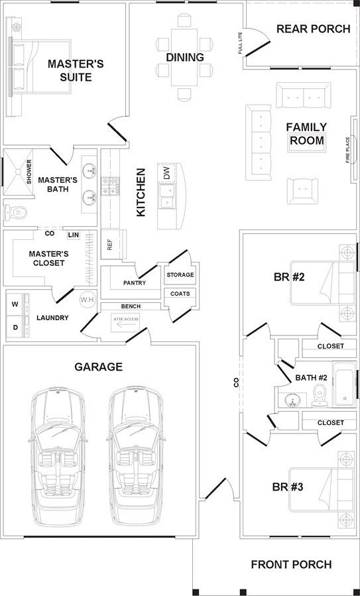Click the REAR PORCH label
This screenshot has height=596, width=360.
[x=313, y=29]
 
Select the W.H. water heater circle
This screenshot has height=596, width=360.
[x=86, y=300]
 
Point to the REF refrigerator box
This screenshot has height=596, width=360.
[x=113, y=245]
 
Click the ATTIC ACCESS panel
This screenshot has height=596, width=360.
[x=125, y=322]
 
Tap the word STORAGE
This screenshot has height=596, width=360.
[x=180, y=275]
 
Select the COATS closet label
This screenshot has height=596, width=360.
[x=180, y=294]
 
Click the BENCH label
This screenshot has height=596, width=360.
[x=131, y=306]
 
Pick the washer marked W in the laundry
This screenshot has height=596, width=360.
[x=17, y=304]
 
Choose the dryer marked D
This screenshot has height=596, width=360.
[x=17, y=327]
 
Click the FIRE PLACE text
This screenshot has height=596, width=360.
[x=347, y=150]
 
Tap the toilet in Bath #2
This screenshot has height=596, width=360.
[x=319, y=394]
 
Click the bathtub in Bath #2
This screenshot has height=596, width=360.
[x=345, y=385]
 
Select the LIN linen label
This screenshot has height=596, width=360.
[x=74, y=235]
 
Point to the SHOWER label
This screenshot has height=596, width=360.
[x=29, y=172]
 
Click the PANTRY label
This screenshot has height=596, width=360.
[x=135, y=283]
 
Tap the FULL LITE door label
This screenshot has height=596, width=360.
[x=240, y=43]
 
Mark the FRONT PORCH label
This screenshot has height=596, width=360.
[x=291, y=564]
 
